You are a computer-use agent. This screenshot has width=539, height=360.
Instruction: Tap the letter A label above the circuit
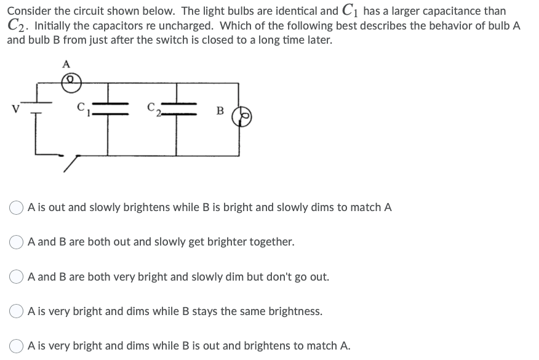click(66, 63)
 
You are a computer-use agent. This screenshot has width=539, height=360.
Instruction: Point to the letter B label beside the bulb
click(219, 111)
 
